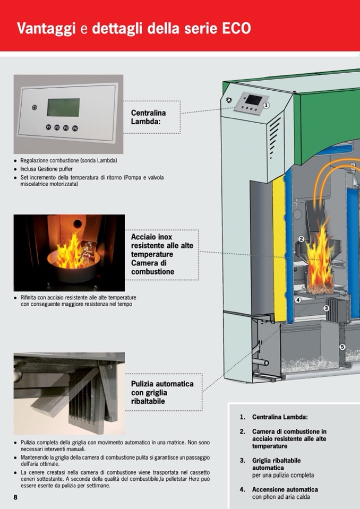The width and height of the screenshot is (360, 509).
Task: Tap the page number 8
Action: [15, 497]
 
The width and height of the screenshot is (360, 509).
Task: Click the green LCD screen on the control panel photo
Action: [63, 107]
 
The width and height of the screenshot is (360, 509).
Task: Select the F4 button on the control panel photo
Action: [75, 128]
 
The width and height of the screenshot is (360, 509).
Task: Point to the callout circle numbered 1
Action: [266, 105]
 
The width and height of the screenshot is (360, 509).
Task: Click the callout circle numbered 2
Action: [301, 239]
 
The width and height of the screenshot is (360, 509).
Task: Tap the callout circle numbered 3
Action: [326, 308]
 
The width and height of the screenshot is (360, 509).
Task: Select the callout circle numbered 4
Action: [298, 300]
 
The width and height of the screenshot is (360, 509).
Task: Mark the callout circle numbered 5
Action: [342, 347]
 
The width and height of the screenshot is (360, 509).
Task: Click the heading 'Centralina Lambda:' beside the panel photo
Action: [148, 117]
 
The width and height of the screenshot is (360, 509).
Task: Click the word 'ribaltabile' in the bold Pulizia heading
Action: [149, 401]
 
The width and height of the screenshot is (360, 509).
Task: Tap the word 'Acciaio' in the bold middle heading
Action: [144, 237]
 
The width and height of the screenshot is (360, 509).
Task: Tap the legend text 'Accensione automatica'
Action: [285, 489]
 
